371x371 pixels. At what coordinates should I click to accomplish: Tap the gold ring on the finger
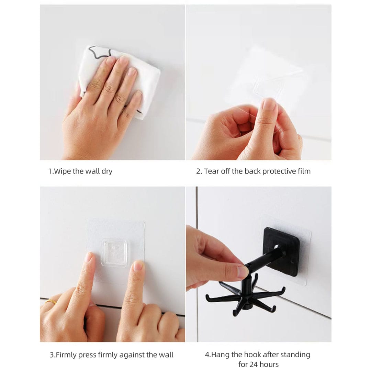51,302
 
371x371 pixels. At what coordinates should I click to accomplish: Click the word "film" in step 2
304,171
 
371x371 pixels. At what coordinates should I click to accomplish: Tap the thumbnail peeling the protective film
269,104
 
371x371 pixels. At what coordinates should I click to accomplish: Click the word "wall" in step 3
166,355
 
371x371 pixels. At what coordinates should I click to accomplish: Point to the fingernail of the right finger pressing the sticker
138,266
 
